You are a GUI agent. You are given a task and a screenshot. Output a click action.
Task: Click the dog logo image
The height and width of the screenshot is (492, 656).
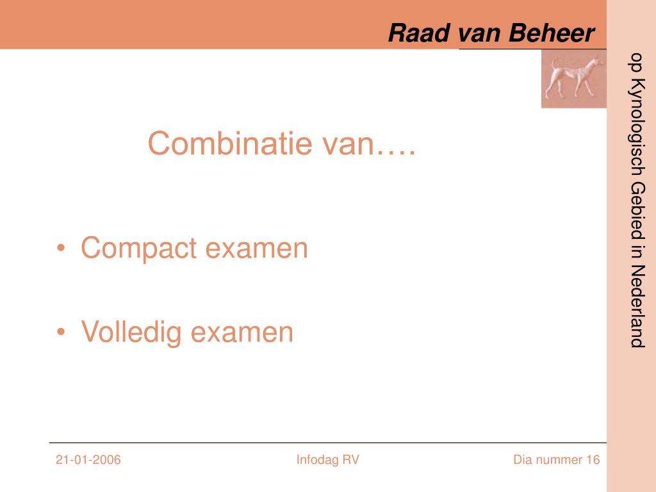(573, 79)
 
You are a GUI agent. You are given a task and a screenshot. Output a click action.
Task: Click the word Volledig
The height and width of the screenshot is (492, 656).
(131, 332)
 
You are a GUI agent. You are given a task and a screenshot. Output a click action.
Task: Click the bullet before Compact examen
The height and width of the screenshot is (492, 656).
(61, 249)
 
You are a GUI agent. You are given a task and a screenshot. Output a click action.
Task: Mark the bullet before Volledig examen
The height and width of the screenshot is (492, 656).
(61, 332)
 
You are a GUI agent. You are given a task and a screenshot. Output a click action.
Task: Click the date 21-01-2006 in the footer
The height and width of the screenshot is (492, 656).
(88, 460)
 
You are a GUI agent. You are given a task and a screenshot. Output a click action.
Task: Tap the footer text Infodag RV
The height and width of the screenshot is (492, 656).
(327, 460)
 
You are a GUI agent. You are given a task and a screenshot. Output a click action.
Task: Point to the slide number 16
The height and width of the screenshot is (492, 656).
(593, 460)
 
